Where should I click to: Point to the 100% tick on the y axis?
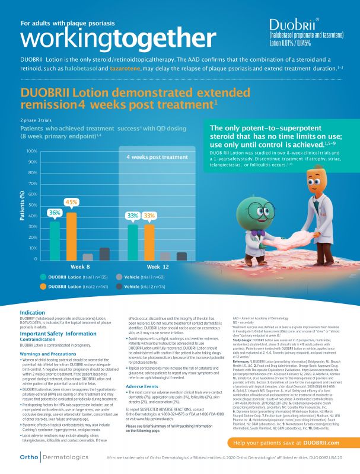(32, 151)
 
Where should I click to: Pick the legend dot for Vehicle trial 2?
(120, 286)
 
